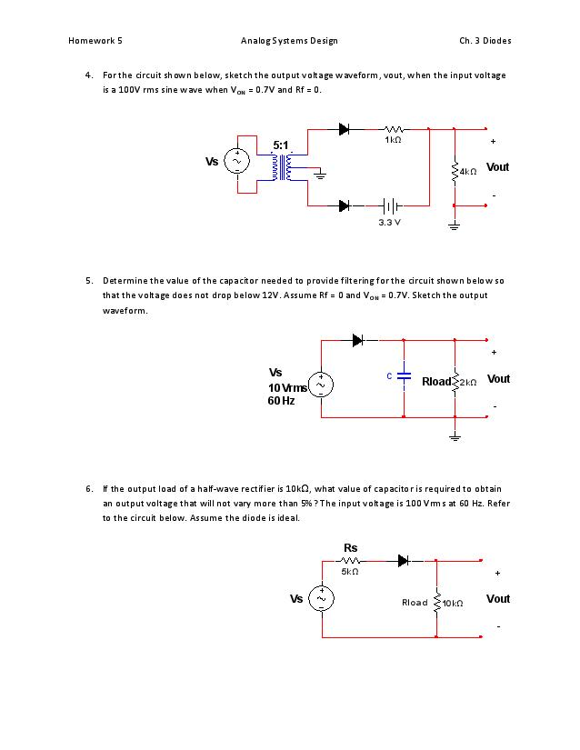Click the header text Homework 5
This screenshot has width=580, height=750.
[95, 41]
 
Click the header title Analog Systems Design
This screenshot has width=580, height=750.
[289, 41]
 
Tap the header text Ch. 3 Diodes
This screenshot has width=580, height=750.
[485, 41]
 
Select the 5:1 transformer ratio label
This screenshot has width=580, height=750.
[281, 145]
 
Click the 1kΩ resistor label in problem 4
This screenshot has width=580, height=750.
[393, 141]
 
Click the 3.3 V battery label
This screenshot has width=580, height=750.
[389, 221]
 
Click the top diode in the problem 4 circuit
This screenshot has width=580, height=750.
[345, 129]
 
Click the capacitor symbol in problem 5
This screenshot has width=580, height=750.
[405, 375]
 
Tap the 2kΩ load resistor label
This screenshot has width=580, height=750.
[470, 382]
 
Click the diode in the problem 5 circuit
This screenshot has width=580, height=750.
[358, 340]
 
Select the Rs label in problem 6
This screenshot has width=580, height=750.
[350, 547]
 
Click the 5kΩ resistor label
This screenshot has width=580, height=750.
[350, 572]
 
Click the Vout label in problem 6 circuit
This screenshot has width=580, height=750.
[498, 599]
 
